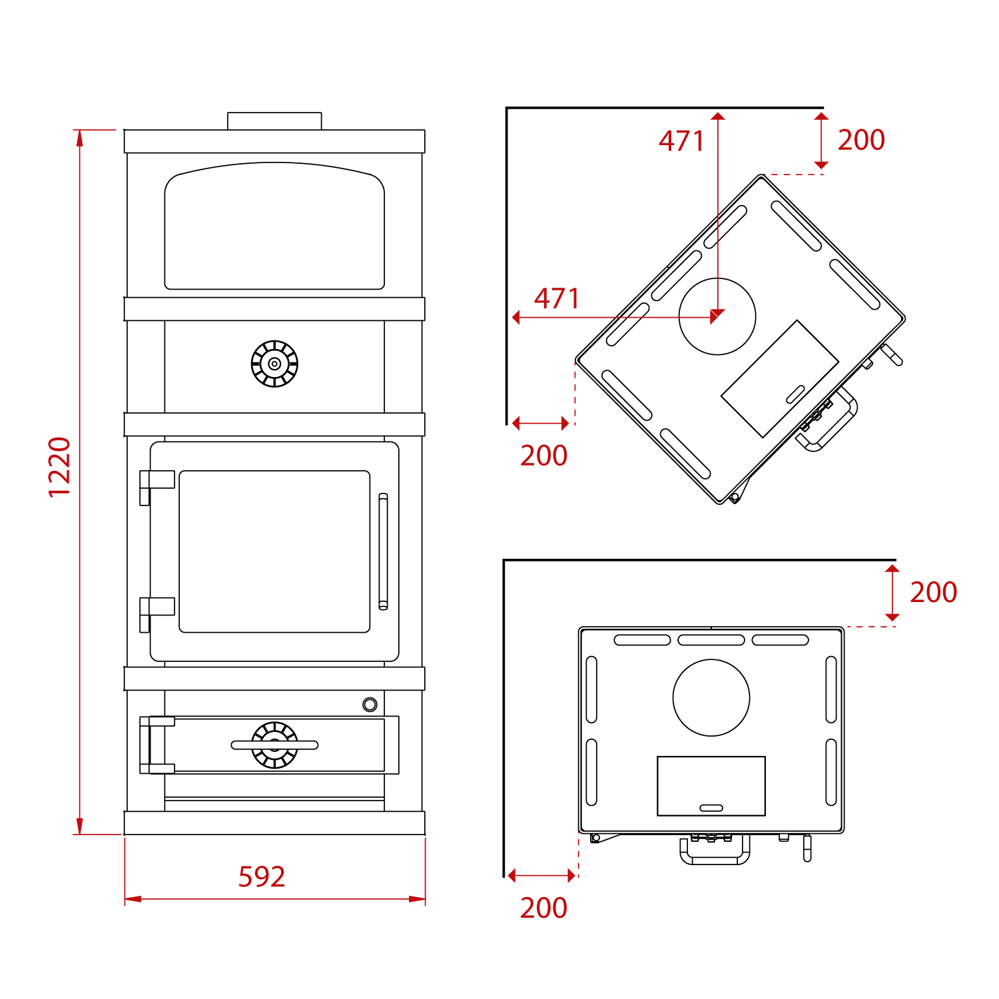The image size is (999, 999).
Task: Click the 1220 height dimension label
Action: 59,467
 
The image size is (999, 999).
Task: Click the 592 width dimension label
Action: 262,876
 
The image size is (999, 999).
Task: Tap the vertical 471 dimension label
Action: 681,141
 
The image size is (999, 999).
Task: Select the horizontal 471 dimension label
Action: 557,298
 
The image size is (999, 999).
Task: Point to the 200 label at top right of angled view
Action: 861,140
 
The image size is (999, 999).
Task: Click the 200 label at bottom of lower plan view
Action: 543,908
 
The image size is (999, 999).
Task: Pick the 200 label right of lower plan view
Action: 934,592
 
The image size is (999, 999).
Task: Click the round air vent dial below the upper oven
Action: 274,364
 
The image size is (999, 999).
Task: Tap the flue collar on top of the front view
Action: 274,121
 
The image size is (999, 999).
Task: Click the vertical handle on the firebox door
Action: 383,551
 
